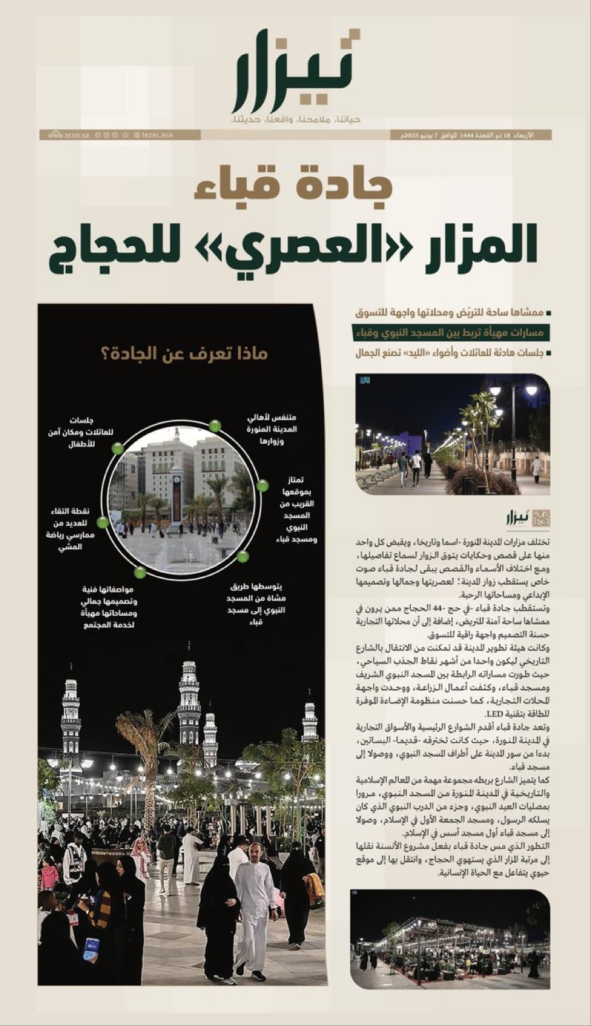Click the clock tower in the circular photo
[176, 493]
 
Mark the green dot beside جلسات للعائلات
[118, 448]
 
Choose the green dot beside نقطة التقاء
[103, 522]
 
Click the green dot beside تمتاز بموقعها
[262, 486]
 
